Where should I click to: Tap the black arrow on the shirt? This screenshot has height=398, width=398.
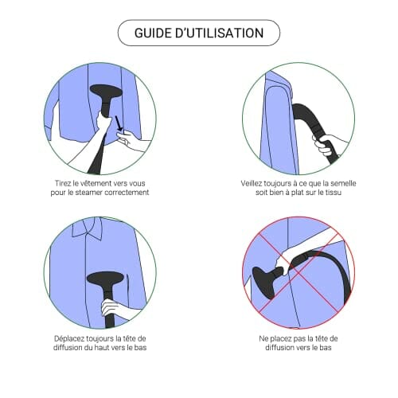pos(119,123)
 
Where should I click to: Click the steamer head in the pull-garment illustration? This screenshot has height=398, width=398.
pos(106,92)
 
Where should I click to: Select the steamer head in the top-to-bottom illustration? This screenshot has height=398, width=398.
pos(105,278)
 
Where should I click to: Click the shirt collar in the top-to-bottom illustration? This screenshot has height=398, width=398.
pos(87,228)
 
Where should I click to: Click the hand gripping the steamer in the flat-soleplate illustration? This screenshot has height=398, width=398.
pos(324,145)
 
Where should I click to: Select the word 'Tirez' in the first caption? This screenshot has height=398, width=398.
pos(63,183)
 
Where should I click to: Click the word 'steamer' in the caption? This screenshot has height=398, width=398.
pos(89,193)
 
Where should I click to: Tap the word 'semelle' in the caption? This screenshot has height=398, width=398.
pos(343,183)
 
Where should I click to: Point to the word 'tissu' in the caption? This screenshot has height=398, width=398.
pos(334,193)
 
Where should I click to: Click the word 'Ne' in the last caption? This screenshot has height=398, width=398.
pos(263,339)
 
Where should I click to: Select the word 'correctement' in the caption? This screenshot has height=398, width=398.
pos(127,193)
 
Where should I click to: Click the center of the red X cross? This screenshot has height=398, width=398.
pos(298,272)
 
